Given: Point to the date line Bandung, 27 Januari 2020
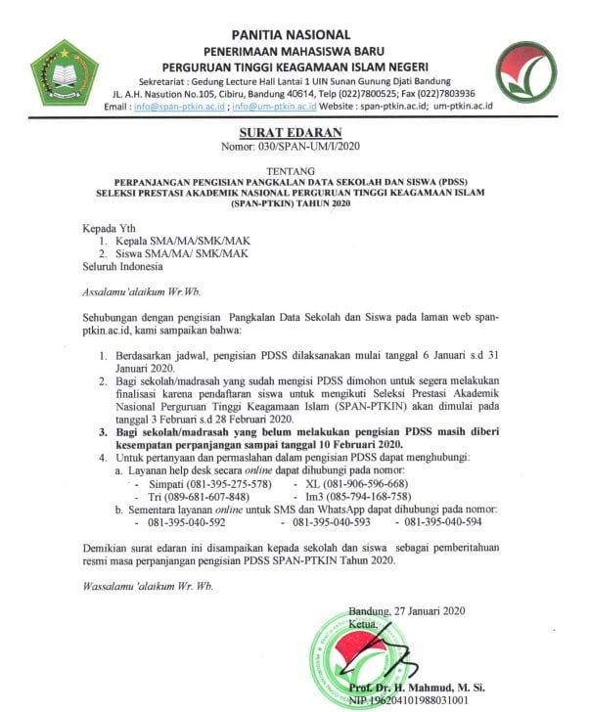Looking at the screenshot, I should pyautogui.click(x=416, y=610).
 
